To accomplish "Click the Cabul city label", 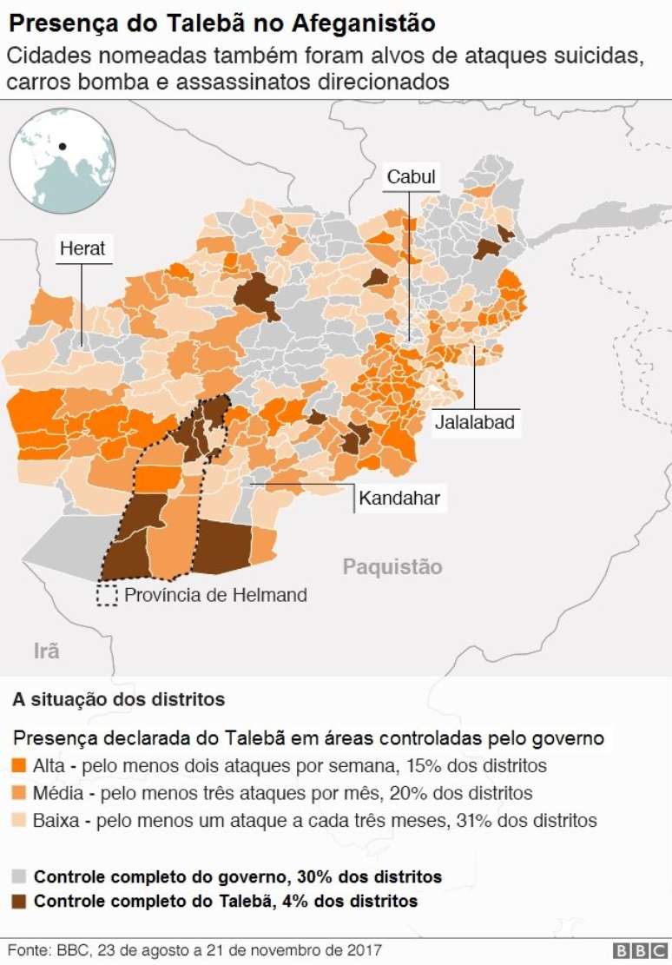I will coord(411,177).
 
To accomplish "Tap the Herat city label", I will coord(82,248).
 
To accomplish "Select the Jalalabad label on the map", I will coord(474,423).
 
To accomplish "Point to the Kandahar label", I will coord(399,499).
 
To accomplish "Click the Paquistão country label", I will coord(392,567).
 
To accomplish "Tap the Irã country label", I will coord(46,651).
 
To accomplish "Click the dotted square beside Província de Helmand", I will coord(107,595).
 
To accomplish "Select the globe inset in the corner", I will coord(62,162).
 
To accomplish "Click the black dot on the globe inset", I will coord(63,146).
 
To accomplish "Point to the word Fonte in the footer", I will coord(27,950).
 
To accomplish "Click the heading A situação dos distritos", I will coord(118,699).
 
